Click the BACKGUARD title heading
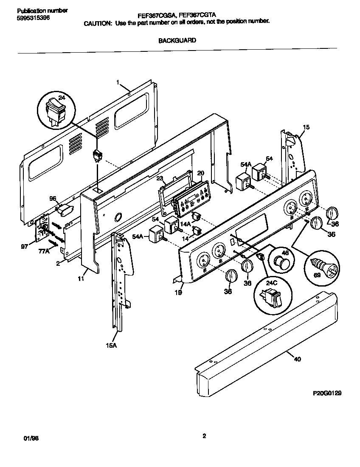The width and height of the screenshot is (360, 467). (177, 41)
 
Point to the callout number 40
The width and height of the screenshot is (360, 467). (297, 359)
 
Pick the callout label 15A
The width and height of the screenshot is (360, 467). (111, 346)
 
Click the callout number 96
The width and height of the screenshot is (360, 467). (53, 198)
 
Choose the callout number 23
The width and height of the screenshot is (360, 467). (160, 178)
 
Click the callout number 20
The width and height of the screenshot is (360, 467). (201, 173)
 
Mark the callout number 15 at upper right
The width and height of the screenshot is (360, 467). (306, 127)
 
